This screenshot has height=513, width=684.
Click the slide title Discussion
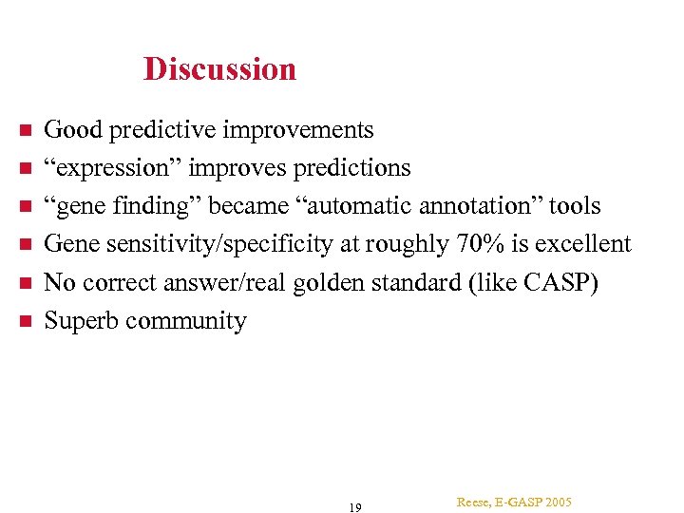coord(219,69)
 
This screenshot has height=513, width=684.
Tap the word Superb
coord(82,321)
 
